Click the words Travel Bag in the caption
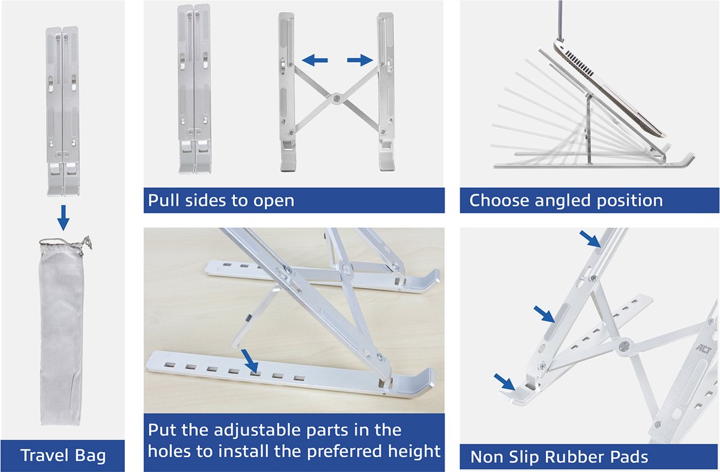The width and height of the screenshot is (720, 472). click(63, 455)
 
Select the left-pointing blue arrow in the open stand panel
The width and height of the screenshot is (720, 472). click(315, 59)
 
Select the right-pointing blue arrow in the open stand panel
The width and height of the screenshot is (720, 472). click(359, 59)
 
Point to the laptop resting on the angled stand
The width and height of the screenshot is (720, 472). click(606, 84)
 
